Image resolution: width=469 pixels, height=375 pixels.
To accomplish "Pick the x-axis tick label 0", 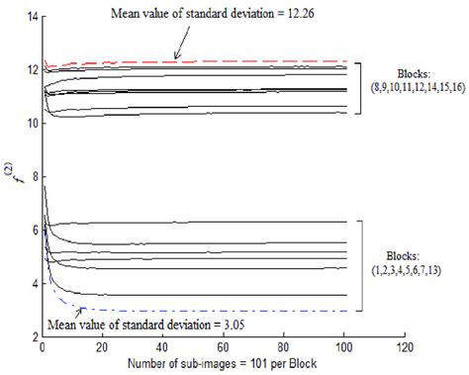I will (x=43, y=349).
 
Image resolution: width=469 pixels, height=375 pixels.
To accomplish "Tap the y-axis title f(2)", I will (x=11, y=179).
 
